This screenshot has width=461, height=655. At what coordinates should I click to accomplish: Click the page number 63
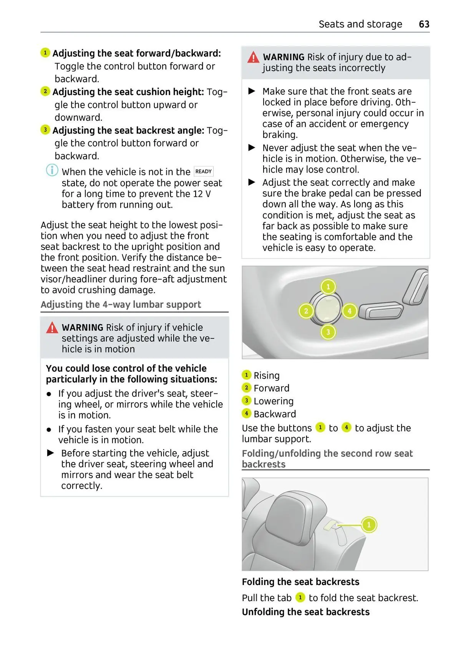tap(424, 24)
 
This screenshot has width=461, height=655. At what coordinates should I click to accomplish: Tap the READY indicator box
tap(204, 172)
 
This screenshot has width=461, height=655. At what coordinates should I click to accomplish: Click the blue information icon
tap(52, 170)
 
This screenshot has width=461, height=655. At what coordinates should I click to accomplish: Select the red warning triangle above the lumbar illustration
tap(253, 58)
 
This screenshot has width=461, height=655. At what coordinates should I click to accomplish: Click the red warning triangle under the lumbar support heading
tap(52, 328)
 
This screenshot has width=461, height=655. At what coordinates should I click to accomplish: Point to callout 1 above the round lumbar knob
tap(328, 287)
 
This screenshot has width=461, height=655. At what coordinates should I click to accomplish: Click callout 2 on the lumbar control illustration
tap(306, 311)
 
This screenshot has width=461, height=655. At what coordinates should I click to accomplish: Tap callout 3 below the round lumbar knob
tap(328, 332)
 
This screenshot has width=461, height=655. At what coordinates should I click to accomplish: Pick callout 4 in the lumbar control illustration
tap(349, 311)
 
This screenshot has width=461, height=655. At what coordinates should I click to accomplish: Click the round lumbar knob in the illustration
tap(327, 309)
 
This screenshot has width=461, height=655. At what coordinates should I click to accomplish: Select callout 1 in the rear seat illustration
tap(369, 525)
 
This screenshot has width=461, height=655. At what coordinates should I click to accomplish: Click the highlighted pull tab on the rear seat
tap(331, 526)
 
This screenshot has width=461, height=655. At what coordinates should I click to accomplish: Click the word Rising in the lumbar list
tap(267, 375)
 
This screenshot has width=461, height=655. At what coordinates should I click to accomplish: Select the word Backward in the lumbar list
tap(275, 414)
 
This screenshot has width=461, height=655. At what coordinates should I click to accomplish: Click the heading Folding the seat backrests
tap(300, 582)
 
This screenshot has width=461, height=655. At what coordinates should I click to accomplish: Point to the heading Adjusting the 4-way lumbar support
tap(121, 305)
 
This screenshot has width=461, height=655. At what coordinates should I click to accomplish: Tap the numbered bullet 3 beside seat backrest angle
tap(45, 130)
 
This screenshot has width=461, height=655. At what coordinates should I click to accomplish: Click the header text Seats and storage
tap(360, 24)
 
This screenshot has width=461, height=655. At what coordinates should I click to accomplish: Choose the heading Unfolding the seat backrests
tap(305, 612)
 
